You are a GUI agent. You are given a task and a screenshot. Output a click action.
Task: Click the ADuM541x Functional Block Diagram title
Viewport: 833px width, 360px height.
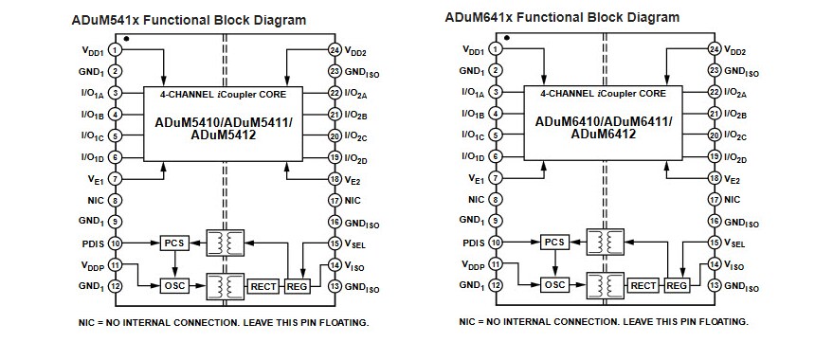tap(190, 19)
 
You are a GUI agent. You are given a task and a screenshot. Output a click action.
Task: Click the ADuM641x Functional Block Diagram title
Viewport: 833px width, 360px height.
tap(562, 17)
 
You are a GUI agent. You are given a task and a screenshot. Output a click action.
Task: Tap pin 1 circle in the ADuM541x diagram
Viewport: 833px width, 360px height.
tap(115, 49)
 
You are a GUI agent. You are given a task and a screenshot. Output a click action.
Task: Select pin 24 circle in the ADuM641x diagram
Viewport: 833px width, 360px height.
tap(715, 48)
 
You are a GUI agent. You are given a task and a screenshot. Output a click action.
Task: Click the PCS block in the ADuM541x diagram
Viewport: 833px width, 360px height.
tap(173, 243)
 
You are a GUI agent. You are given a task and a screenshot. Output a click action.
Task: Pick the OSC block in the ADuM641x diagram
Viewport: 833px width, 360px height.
tap(555, 285)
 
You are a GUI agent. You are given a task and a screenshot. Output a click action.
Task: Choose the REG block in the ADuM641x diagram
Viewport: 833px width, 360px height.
tap(677, 285)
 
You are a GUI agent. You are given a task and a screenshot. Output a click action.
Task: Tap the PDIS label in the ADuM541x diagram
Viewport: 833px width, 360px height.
tap(92, 243)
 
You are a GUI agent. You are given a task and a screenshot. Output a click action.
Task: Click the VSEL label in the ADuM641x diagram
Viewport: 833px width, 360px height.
tap(735, 243)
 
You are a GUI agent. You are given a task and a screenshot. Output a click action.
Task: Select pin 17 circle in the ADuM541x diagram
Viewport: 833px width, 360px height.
tap(335, 201)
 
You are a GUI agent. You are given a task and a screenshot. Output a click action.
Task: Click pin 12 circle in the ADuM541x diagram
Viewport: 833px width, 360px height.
tap(115, 286)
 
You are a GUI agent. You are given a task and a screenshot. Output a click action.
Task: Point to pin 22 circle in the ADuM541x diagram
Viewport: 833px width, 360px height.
tap(335, 93)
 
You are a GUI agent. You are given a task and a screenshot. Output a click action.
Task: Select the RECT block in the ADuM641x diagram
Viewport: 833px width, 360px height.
tap(643, 285)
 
